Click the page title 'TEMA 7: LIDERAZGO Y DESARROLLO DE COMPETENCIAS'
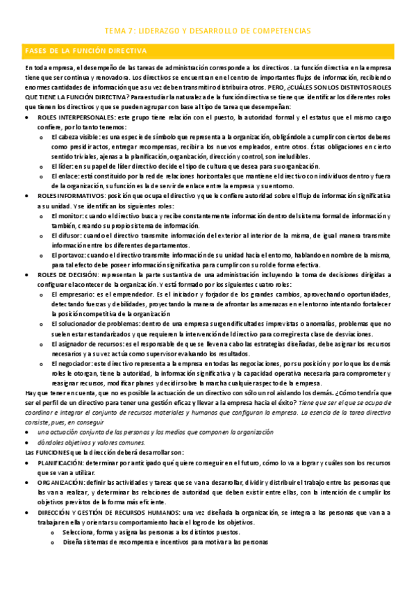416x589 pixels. (208, 31)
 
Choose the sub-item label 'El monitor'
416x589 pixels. (67, 217)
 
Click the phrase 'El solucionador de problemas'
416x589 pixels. (94, 324)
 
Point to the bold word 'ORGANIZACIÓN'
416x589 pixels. (62, 481)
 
